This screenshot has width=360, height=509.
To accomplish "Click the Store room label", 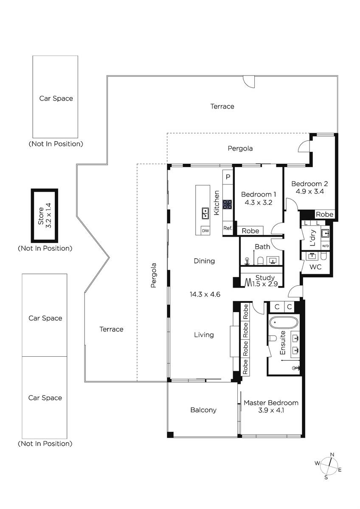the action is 41,216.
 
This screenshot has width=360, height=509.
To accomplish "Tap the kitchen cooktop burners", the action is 227,204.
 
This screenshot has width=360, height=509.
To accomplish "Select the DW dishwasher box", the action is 205,231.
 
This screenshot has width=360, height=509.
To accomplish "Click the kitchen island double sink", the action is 205,213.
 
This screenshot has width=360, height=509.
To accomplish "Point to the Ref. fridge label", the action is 228,228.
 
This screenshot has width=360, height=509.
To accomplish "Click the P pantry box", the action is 228,177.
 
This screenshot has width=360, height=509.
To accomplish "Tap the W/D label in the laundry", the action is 325,246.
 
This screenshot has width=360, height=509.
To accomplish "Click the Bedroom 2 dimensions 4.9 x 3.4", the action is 310,191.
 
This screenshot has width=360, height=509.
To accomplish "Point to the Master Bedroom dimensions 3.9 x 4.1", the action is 271,410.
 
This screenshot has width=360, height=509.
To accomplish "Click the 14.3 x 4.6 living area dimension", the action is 205,294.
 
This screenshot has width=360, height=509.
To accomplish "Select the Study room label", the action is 265,277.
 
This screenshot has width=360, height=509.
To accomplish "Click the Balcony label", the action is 203,410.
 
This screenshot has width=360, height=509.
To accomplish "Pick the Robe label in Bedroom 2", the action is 324,214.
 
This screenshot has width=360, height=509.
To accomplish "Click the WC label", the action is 315,267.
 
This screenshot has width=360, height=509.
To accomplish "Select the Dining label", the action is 204,261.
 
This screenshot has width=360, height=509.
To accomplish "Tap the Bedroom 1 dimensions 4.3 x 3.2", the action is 259,202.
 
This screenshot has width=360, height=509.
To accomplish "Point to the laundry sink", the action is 325,233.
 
